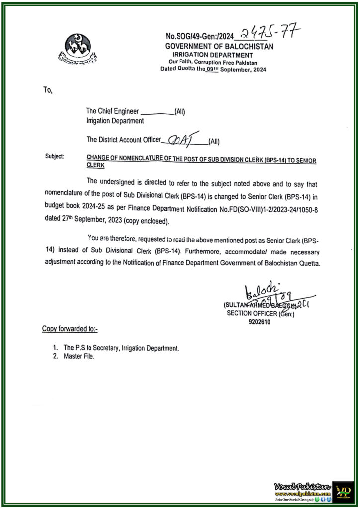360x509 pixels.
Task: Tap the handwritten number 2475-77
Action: (x=270, y=34)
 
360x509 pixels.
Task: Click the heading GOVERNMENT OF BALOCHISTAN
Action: (x=219, y=46)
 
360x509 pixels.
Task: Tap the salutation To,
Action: (x=47, y=91)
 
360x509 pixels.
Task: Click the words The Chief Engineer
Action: (x=113, y=112)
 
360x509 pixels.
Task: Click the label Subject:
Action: (x=55, y=156)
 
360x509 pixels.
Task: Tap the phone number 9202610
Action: (x=260, y=322)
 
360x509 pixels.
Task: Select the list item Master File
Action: (x=78, y=356)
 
